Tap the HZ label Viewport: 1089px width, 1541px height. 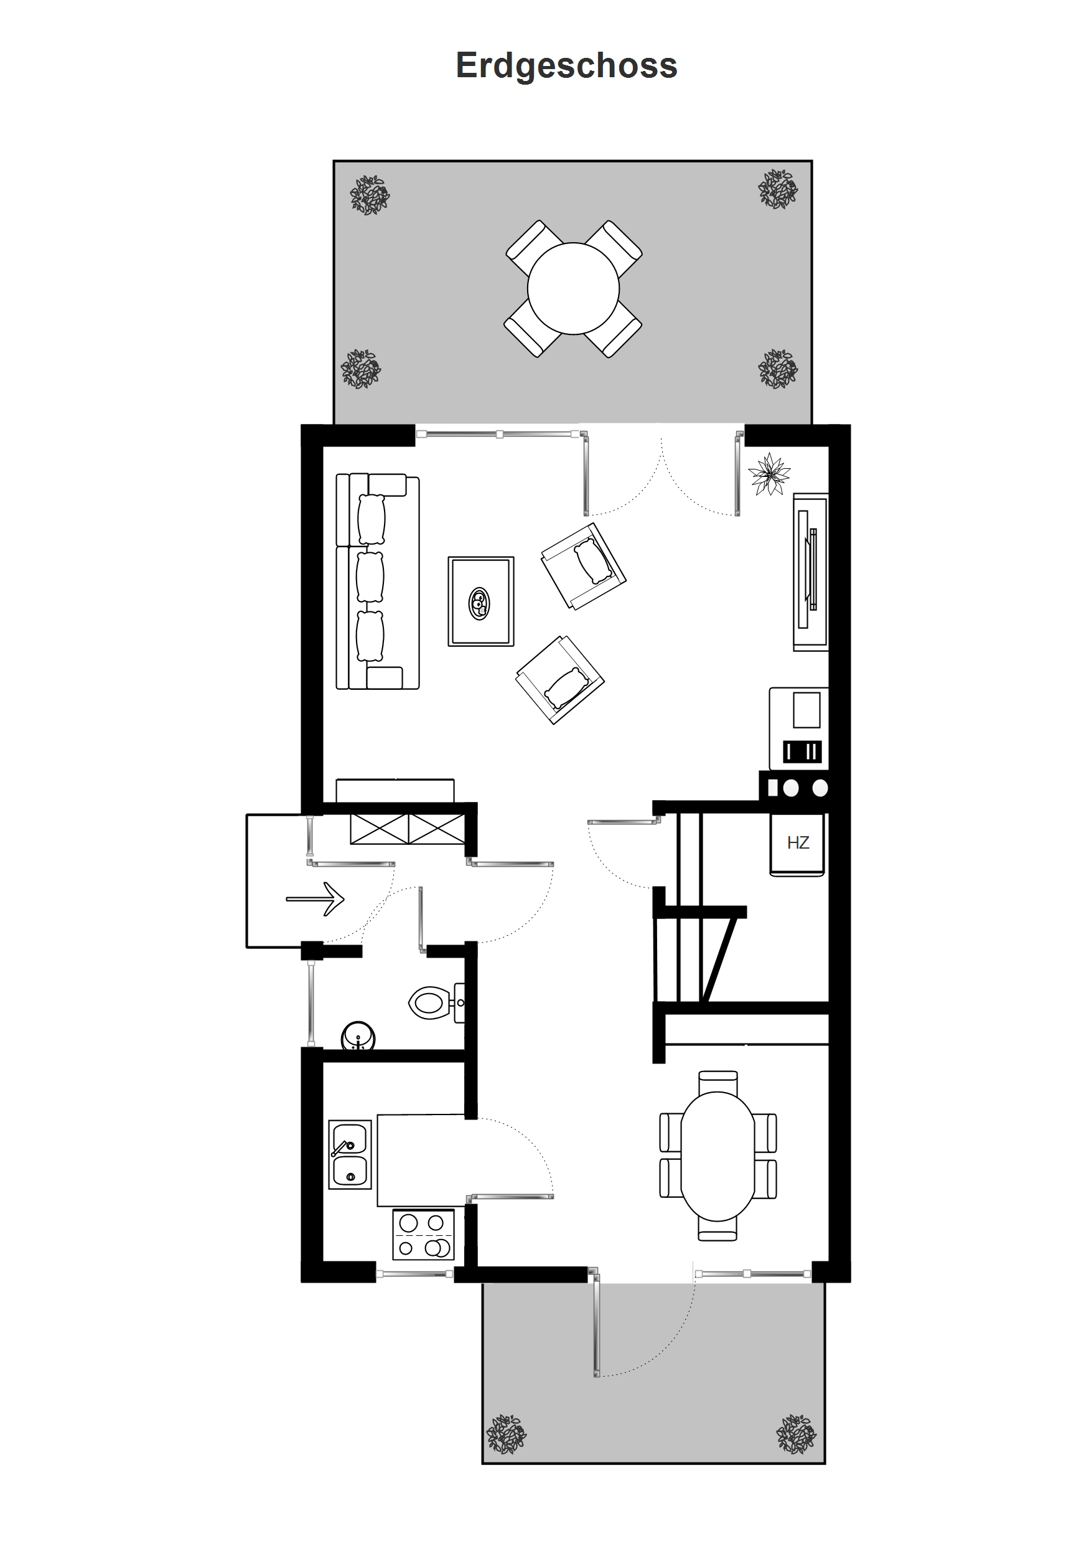tap(798, 843)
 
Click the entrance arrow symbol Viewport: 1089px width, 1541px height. tap(315, 898)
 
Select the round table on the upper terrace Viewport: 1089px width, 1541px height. tap(573, 289)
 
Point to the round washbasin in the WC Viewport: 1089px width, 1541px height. tap(358, 1037)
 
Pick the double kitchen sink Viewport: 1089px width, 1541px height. tap(350, 1154)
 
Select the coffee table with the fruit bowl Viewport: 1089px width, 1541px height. tap(481, 601)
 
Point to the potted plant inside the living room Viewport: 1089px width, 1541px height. tap(769, 474)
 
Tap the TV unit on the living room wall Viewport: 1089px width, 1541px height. tap(811, 572)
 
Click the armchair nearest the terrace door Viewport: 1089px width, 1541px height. tap(584, 566)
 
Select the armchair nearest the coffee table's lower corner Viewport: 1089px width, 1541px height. tap(559, 679)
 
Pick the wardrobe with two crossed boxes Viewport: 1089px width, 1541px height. tap(407, 828)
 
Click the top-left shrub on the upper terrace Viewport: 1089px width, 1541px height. tap(370, 196)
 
